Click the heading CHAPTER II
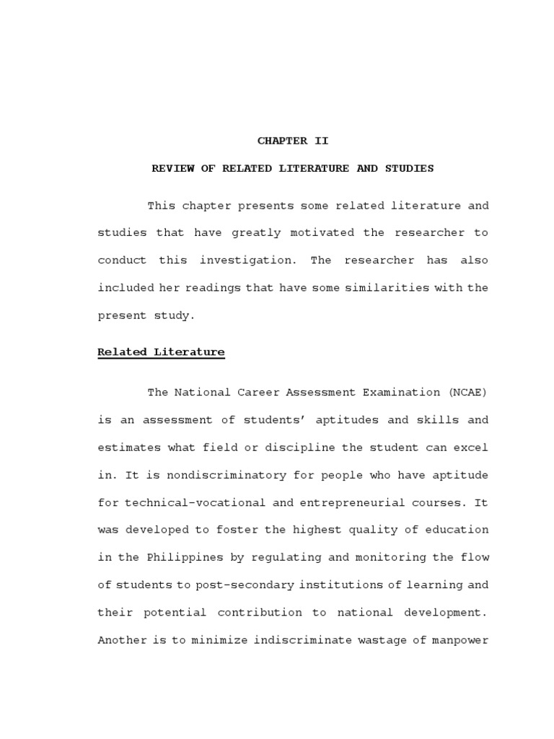293,141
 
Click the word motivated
322,233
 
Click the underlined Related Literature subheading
161,352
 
